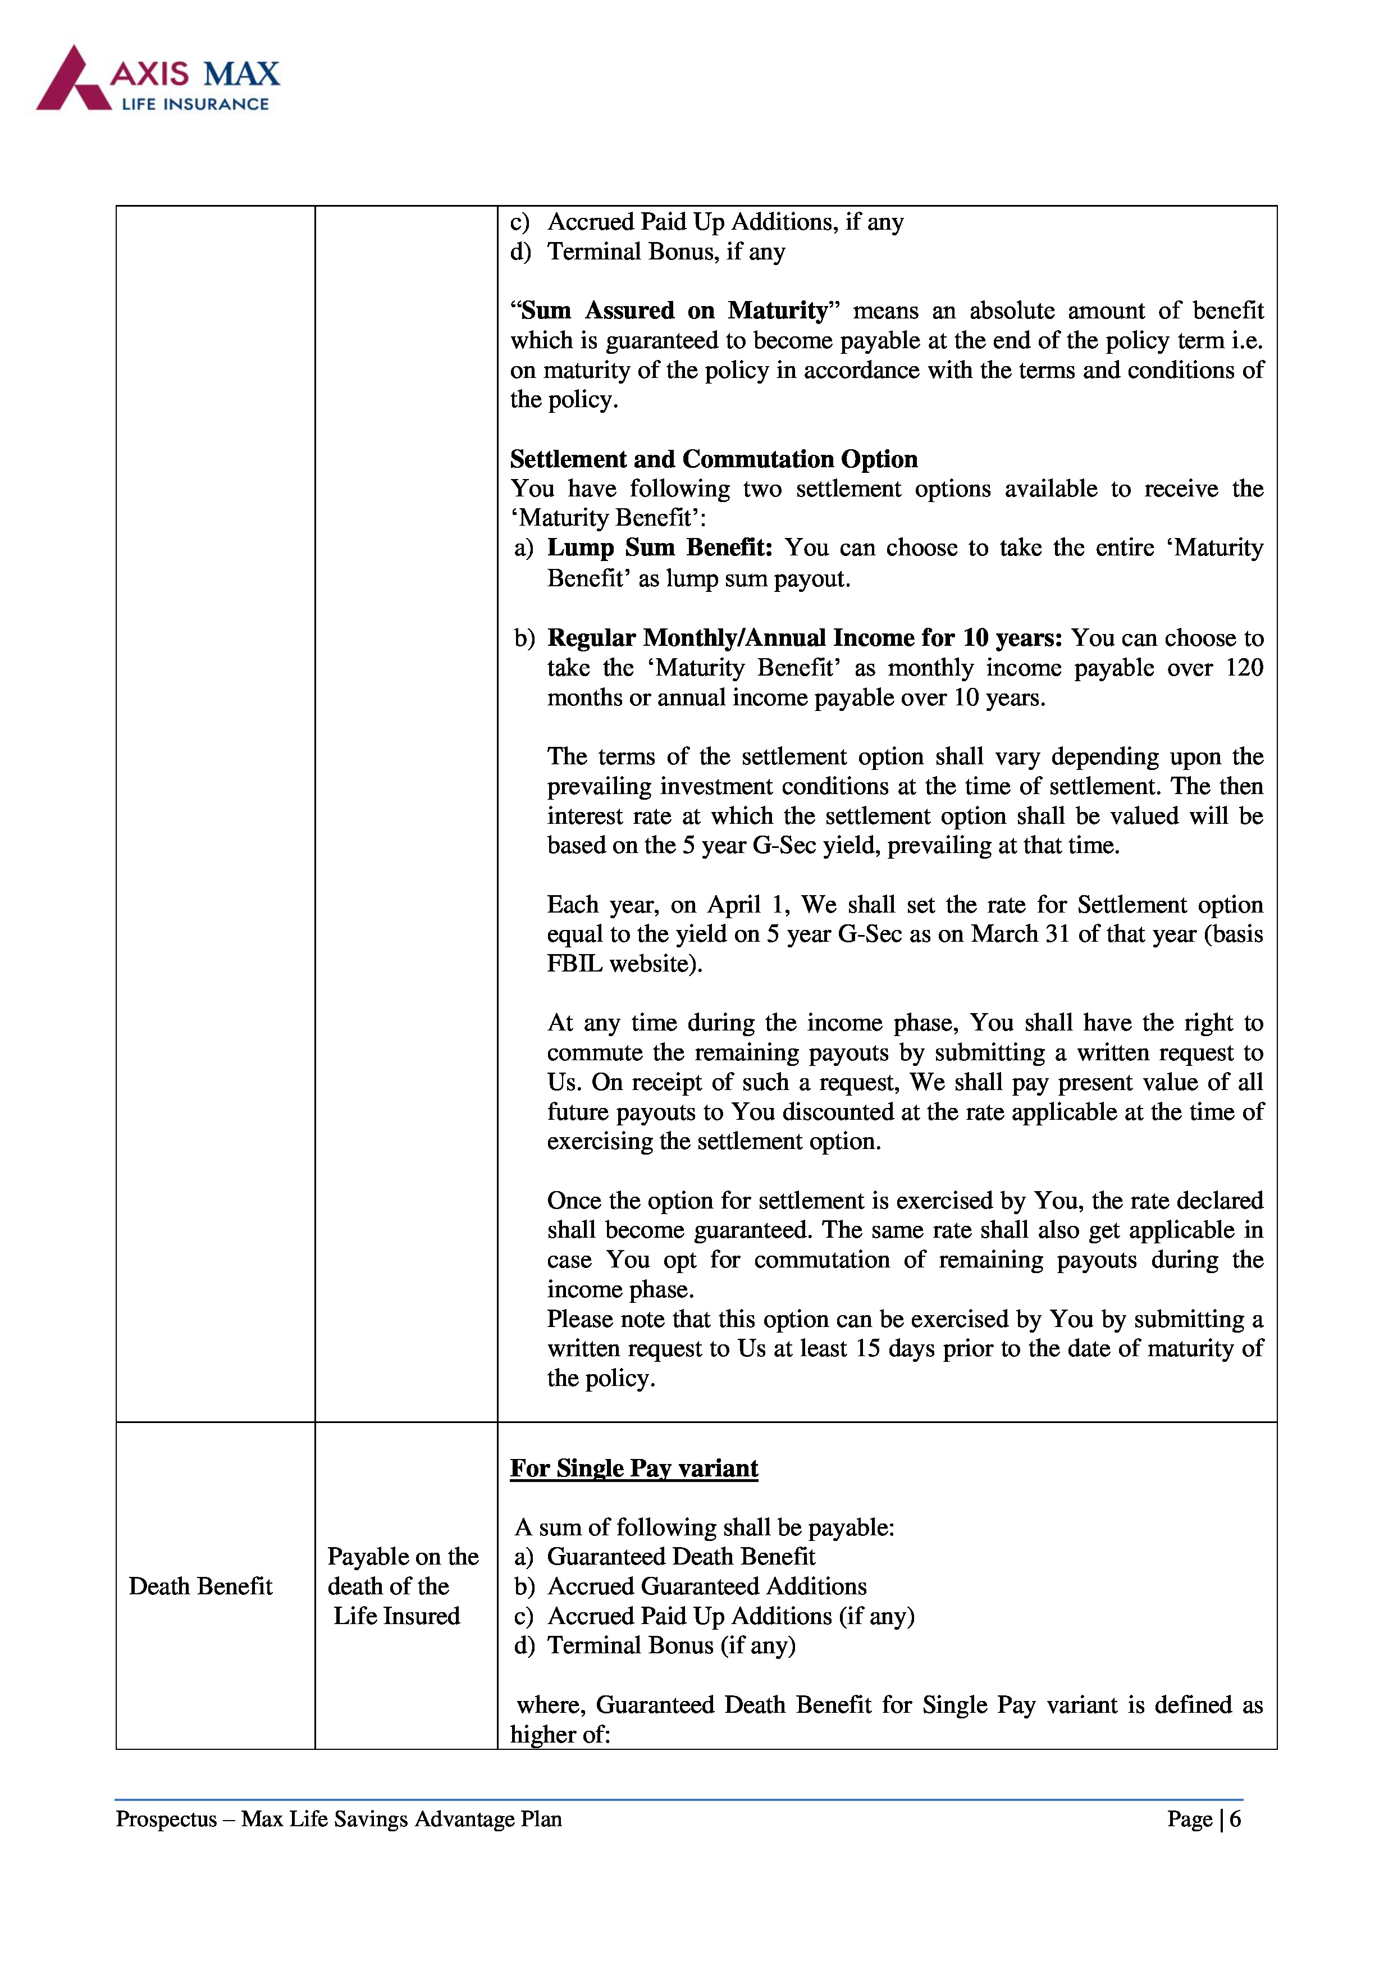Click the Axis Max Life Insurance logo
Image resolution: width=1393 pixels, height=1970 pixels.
pos(159,79)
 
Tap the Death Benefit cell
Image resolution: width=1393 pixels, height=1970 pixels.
pos(200,1586)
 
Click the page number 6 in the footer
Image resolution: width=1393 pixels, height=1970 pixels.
pos(1235,1819)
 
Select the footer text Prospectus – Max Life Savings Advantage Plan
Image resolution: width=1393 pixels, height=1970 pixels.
pos(339,1819)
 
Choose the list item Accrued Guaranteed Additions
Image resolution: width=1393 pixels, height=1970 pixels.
pos(707,1586)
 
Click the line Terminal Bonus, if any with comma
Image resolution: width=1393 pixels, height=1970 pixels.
pos(666,252)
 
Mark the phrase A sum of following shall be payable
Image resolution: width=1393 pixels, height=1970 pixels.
pos(704,1527)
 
